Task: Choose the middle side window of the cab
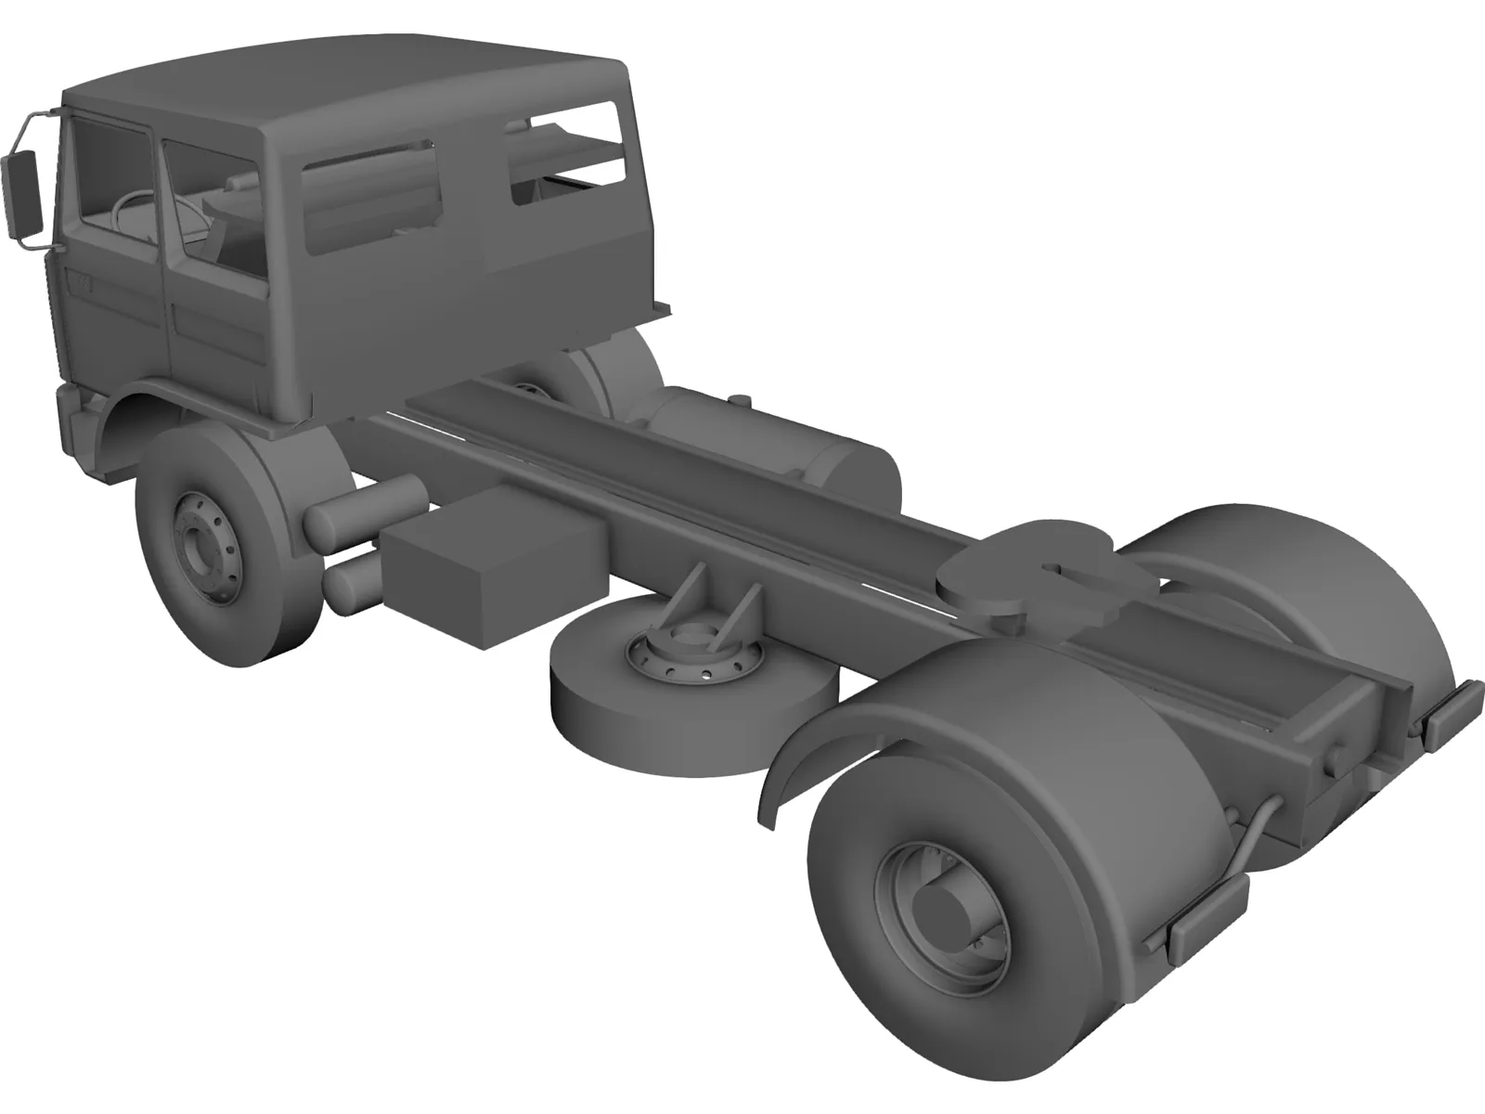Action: click(371, 195)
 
